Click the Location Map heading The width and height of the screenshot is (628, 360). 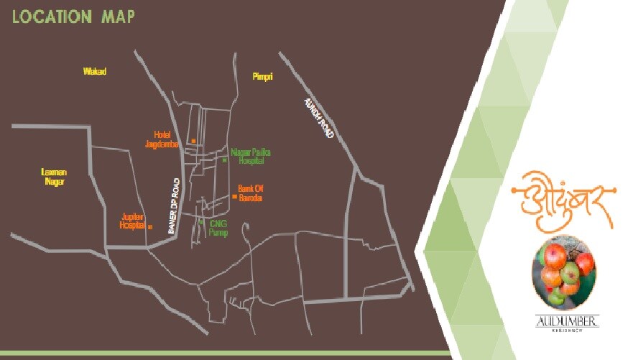click(74, 17)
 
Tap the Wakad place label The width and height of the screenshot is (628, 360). click(94, 71)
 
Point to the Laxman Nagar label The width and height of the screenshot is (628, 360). click(54, 177)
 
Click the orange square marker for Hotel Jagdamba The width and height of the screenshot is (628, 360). click(193, 141)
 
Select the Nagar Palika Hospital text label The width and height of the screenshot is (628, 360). click(248, 157)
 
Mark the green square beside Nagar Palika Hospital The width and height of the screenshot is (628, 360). click(224, 160)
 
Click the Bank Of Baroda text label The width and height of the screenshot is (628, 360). click(251, 193)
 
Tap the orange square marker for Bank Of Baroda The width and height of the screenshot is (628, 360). click(234, 195)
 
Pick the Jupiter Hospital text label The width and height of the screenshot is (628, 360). click(133, 221)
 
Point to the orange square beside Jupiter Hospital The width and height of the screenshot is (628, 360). click(149, 226)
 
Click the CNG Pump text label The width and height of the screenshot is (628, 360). click(218, 228)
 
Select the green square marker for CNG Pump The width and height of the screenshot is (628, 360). click(200, 223)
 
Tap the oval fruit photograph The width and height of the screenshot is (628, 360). click(564, 272)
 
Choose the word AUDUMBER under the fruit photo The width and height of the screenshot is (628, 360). click(567, 322)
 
